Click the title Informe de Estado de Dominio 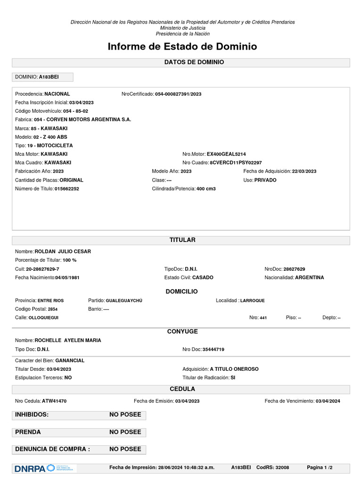182,47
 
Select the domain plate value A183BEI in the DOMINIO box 49,77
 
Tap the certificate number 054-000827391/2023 178,94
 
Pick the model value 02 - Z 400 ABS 56,137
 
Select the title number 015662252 67,189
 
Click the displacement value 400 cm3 206,189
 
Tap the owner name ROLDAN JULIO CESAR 63,251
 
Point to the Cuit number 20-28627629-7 49,269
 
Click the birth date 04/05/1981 67,278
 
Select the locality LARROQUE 253,300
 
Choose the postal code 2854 53,309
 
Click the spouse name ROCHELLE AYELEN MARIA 68,340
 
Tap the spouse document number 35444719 213,350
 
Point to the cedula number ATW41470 54,401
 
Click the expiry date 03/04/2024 328,401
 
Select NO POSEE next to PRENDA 125,432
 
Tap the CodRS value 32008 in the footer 283,467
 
